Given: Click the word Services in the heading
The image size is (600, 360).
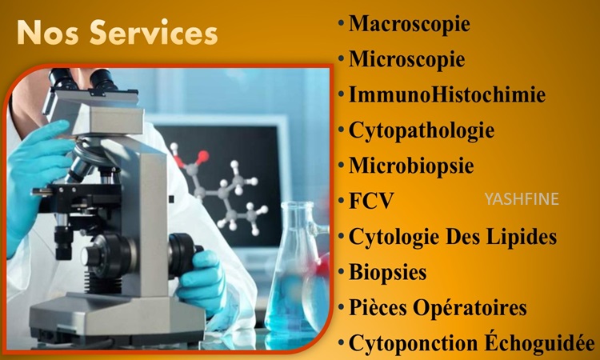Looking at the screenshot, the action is point(154,33).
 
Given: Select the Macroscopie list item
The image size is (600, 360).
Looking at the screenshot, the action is point(409,24).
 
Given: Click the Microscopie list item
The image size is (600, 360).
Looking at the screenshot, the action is point(406,59).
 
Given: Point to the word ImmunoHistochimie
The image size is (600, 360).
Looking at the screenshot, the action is point(447,94).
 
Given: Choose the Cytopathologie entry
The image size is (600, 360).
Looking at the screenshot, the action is point(422,131).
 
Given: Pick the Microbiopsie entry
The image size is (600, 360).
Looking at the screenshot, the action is point(411,166).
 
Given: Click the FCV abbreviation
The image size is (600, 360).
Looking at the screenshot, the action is point(371,200).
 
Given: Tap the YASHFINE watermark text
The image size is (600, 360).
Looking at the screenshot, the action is point(522,199).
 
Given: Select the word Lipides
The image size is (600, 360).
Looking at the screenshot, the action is point(522,237).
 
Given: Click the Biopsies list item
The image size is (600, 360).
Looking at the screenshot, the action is point(388,272).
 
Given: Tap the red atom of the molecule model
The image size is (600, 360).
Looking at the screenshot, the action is point(203,156).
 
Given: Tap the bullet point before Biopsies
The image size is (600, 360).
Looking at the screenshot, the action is point(341,271).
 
